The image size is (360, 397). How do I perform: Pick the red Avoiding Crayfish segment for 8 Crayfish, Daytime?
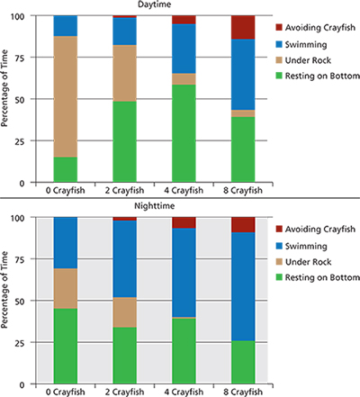(x=243, y=27)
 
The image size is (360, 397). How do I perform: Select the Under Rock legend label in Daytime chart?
(x=312, y=58)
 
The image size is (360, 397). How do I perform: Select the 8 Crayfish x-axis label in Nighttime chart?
(x=243, y=392)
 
